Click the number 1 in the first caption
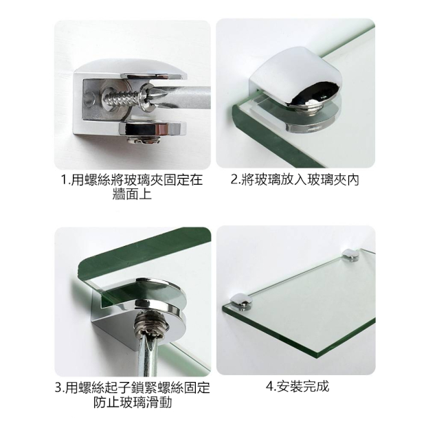tap(65, 180)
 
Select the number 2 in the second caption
tap(234, 180)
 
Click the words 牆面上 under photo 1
tap(132, 194)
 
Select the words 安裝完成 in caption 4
tap(302, 386)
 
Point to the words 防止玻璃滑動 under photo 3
tap(133, 402)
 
